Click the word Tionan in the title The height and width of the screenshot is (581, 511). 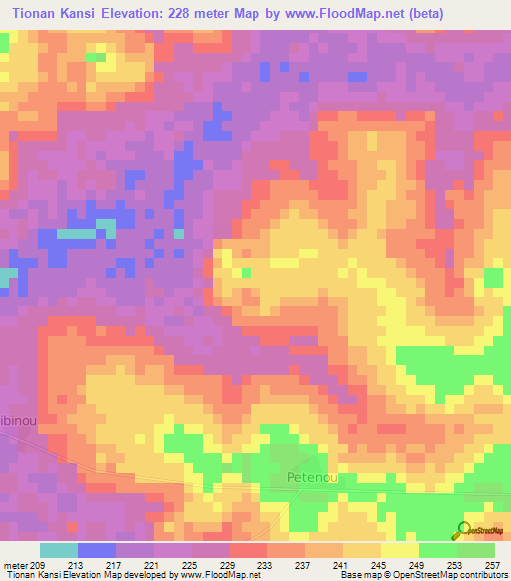click(32, 13)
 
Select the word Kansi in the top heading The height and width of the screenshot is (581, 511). click(84, 13)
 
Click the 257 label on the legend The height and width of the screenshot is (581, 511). click(493, 564)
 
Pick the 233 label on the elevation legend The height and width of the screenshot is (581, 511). click(265, 564)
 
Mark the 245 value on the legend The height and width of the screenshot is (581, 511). click(380, 564)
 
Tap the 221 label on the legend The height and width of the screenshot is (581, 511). click(153, 564)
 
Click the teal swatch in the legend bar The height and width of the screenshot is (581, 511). click(59, 550)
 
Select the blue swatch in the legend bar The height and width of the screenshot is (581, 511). click(97, 550)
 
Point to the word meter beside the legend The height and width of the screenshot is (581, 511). click(14, 564)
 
